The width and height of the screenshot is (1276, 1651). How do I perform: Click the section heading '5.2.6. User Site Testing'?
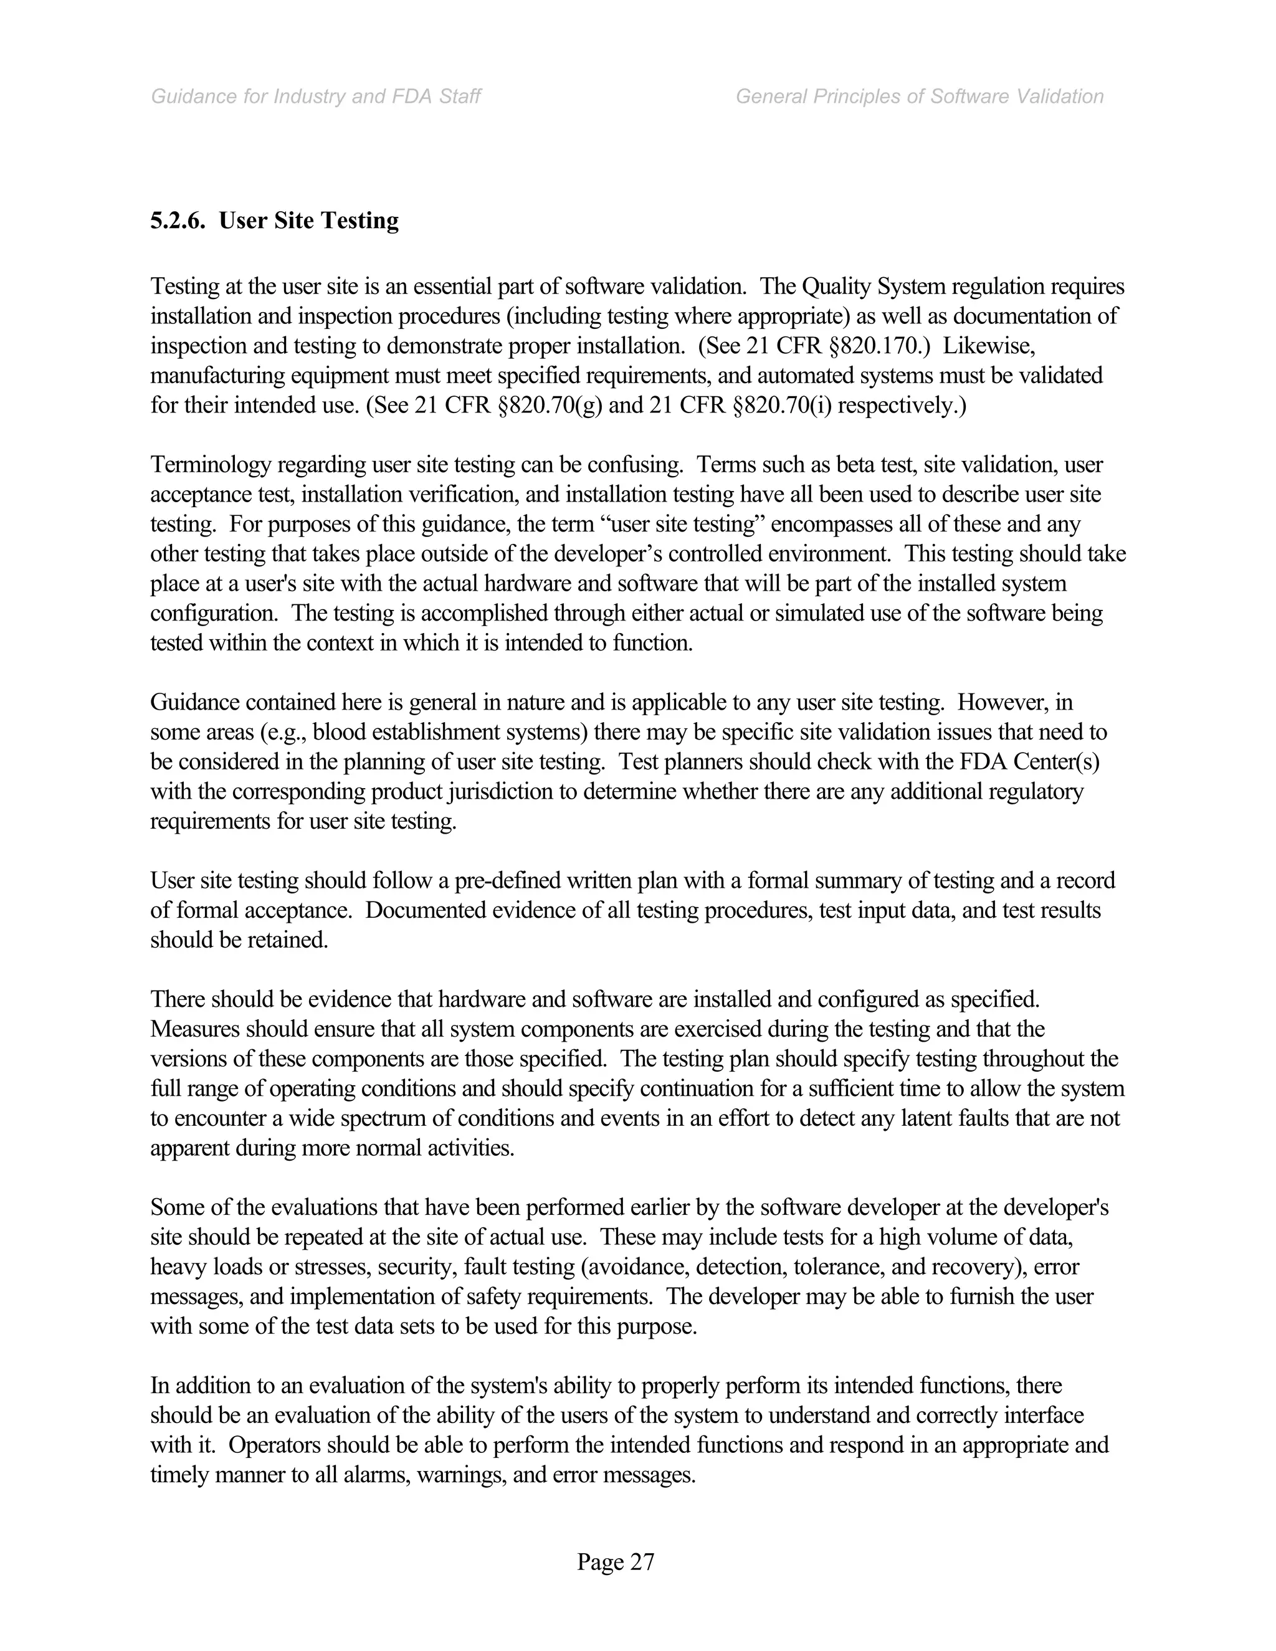[x=274, y=221]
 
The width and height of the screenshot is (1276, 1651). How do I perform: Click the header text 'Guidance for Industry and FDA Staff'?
[x=316, y=97]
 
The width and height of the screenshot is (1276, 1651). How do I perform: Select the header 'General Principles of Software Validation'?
[x=919, y=97]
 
